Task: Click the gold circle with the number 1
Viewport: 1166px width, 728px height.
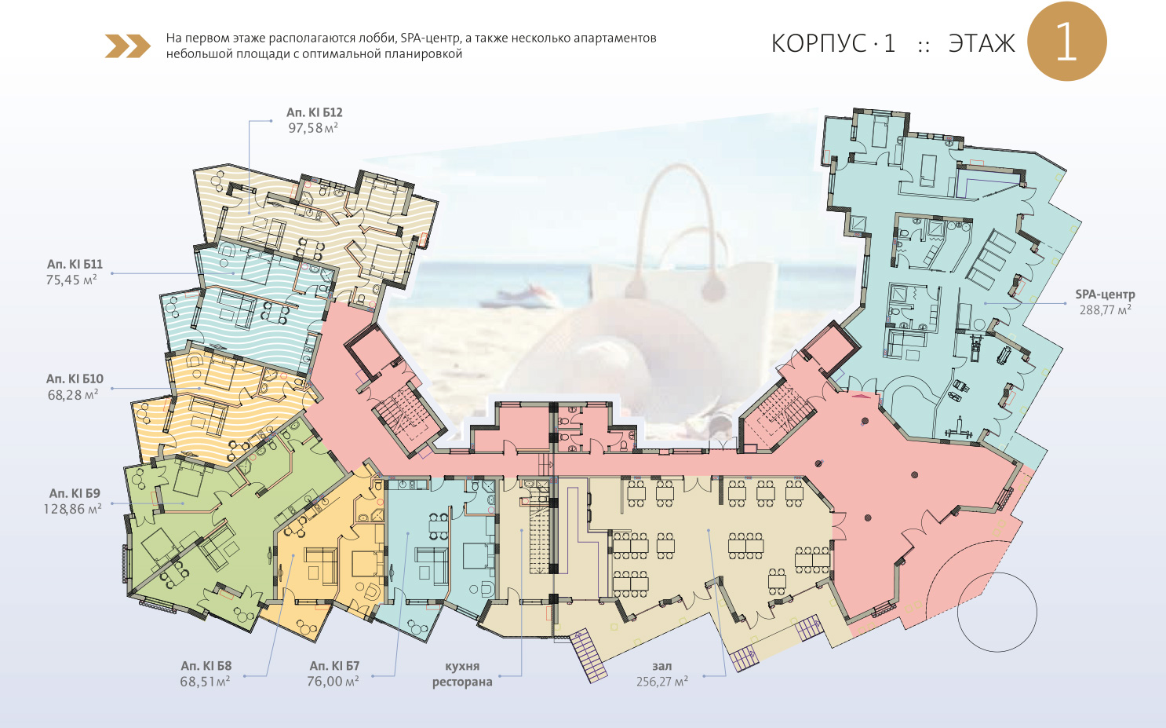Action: [1066, 41]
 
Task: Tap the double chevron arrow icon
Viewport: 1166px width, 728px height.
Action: [128, 46]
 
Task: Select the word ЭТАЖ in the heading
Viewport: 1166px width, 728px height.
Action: [982, 43]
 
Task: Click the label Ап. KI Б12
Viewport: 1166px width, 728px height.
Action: [315, 112]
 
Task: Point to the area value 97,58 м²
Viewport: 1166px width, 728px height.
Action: [313, 128]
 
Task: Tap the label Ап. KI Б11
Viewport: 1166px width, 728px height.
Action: [75, 264]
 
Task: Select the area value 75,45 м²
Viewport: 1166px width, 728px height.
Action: [72, 280]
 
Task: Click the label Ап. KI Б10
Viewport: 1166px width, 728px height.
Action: [75, 379]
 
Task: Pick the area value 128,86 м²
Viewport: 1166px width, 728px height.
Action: [72, 509]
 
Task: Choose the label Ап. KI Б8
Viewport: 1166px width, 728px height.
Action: [206, 665]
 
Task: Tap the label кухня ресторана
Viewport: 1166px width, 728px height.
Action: [462, 674]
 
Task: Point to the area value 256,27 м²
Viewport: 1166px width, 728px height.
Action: [662, 682]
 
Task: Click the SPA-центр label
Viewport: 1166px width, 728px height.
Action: [1105, 294]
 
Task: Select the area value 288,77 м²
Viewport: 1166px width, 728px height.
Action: [1105, 310]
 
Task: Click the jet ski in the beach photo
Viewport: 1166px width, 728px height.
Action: [520, 297]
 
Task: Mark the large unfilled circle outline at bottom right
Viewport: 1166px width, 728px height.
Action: [997, 613]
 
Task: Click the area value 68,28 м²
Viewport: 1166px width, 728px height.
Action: [73, 395]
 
